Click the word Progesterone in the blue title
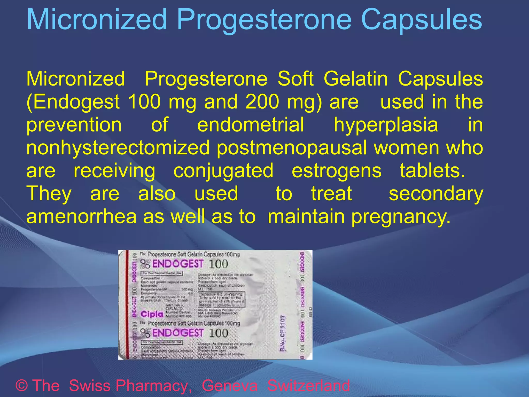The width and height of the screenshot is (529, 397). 264,20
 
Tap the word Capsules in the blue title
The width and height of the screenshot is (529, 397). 421,20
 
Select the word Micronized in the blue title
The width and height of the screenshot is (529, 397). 97,20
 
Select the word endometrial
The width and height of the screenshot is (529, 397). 251,125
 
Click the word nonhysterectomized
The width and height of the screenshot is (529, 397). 118,148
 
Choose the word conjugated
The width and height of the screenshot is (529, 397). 223,171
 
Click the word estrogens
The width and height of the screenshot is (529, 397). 336,171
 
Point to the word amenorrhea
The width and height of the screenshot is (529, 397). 81,216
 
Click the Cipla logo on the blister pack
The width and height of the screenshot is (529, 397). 152,314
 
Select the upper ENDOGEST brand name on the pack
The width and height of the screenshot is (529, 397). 178,264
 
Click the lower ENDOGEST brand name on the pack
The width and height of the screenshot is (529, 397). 178,333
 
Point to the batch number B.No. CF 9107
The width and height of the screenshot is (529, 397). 283,333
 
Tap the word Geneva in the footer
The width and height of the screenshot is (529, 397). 230,385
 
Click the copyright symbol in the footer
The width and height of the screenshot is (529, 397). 22,385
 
